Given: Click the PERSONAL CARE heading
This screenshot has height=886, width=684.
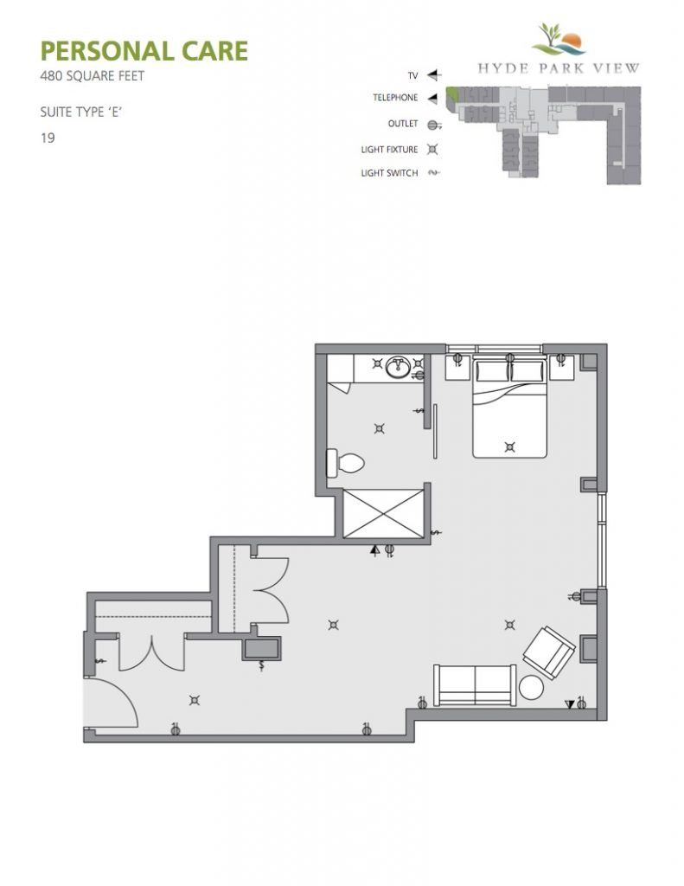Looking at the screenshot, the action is click(144, 51).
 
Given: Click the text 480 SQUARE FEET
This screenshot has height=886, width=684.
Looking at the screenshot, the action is click(92, 76).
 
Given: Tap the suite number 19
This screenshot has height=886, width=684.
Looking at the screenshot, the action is click(48, 138).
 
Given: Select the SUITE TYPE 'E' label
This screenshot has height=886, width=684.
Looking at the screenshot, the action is click(81, 112).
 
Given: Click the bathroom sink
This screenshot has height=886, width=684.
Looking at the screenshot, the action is click(398, 367).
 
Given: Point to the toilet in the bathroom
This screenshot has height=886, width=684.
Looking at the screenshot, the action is click(345, 464).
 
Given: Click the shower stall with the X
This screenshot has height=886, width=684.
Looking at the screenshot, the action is click(384, 514).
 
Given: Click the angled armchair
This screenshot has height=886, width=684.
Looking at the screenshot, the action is click(548, 653).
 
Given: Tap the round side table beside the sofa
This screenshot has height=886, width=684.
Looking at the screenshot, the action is click(531, 688).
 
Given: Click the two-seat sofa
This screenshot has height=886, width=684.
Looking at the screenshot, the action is click(475, 685).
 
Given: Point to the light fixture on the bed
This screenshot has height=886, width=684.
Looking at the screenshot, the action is click(510, 447).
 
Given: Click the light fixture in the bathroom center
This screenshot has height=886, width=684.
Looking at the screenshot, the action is click(380, 429).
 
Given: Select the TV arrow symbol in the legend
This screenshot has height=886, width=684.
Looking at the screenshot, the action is click(433, 75).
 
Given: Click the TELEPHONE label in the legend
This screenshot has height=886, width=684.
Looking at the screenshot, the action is click(395, 98).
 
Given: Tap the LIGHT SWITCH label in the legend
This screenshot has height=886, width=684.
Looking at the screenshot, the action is click(389, 173).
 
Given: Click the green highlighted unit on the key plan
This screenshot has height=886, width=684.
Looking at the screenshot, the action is click(452, 95).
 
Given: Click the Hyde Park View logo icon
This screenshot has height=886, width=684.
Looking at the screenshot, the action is click(558, 39).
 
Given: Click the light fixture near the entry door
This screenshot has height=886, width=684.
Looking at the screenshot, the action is click(195, 701).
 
